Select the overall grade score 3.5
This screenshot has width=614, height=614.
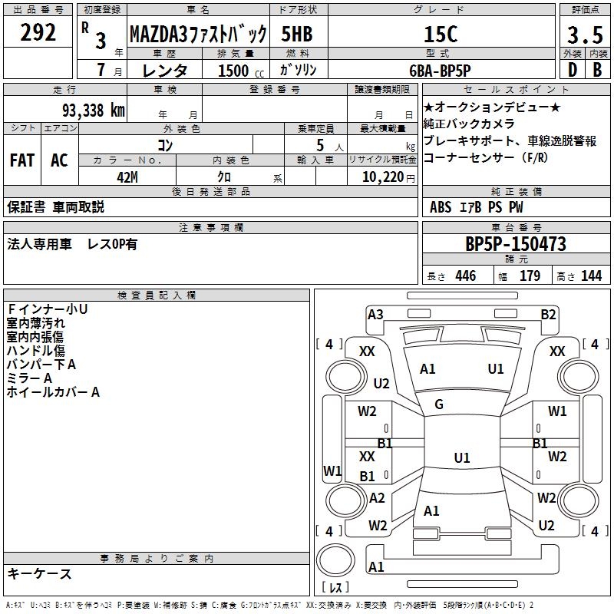[x=584, y=35]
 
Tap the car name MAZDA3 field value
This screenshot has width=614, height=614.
[x=197, y=35]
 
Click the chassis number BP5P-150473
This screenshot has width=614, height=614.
[x=516, y=244]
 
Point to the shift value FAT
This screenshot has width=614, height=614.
[x=21, y=160]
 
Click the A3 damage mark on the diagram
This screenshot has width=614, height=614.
[x=375, y=314]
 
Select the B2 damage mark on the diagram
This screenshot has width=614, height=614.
[x=548, y=314]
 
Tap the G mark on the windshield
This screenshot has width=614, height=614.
[x=439, y=404]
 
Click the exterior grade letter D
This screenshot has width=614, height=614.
[x=572, y=70]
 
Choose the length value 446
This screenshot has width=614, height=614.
[x=464, y=276]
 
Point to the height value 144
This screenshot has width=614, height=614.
[x=591, y=276]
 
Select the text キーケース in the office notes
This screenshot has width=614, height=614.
[x=39, y=573]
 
